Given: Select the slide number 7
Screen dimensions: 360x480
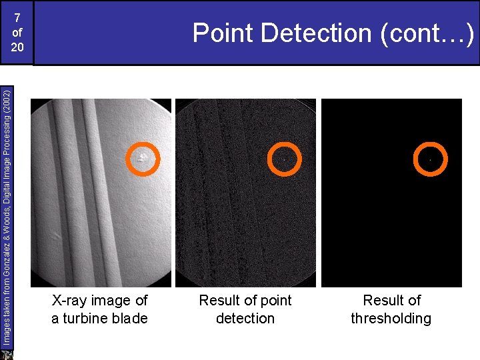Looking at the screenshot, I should point(17,17).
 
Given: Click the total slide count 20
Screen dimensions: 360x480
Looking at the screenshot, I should point(17,48).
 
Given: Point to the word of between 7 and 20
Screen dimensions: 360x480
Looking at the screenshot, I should point(17,32).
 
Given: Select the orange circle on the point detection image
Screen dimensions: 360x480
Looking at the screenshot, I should point(284,159).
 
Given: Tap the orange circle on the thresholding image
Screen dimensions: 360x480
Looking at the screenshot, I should point(429,159).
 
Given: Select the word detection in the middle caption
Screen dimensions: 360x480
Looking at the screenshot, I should point(245,319).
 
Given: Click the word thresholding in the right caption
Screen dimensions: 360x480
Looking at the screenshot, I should point(391,319).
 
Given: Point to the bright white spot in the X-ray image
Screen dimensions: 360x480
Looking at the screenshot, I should point(143,157).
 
